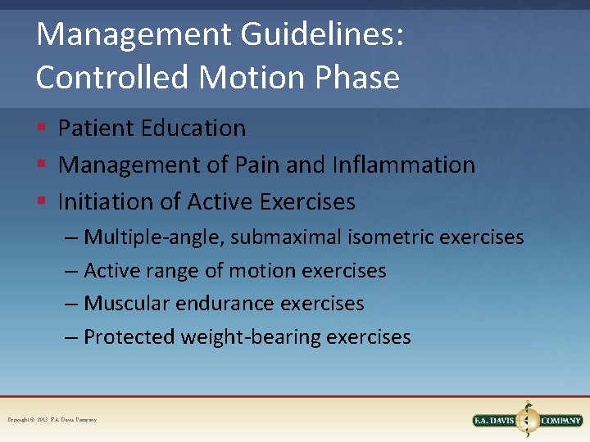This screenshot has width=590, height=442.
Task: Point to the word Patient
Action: tap(97, 129)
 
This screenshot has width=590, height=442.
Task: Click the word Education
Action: tap(193, 129)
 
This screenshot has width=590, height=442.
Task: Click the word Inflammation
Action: tap(403, 165)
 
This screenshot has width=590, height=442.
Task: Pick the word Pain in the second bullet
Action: tap(257, 165)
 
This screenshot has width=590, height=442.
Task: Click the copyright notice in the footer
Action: tap(52, 420)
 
